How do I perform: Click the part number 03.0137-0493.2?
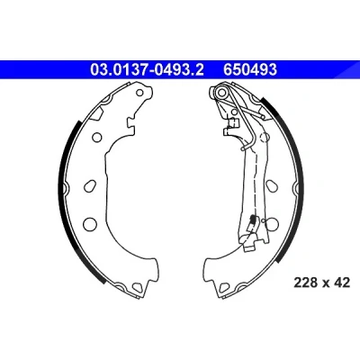147,70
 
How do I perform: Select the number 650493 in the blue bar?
250,70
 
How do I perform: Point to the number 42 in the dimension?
342,283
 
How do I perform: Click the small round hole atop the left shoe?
139,93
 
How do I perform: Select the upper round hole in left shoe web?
97,138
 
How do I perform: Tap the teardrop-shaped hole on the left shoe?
90,186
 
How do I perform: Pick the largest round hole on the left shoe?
89,223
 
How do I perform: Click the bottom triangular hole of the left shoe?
137,287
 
